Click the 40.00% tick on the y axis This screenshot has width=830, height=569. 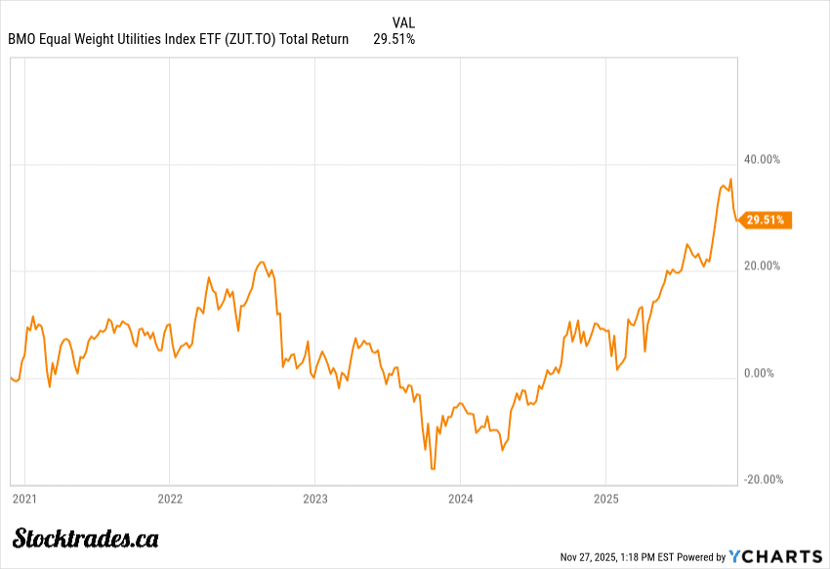click(762, 159)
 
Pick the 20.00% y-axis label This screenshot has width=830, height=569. click(762, 265)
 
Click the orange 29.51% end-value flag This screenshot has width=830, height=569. click(765, 221)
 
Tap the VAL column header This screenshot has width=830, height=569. click(403, 22)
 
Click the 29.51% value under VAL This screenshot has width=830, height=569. click(394, 40)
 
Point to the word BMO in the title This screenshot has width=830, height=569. click(21, 40)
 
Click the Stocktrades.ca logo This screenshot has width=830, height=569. click(86, 538)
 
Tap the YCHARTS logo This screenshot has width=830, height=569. click(777, 556)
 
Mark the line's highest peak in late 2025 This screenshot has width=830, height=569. click(730, 180)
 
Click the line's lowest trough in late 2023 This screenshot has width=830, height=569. click(432, 468)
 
